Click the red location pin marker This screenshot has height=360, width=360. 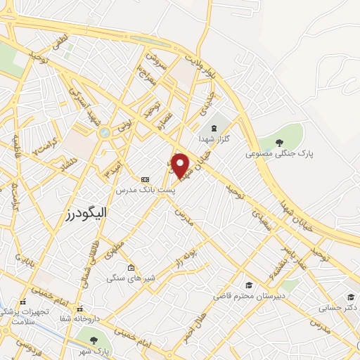pos(181,165)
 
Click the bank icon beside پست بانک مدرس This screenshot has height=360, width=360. pos(146,179)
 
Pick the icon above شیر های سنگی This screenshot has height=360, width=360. pos(131,268)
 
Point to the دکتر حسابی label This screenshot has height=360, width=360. pos(336,307)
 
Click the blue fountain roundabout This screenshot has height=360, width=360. pos(105,131)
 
